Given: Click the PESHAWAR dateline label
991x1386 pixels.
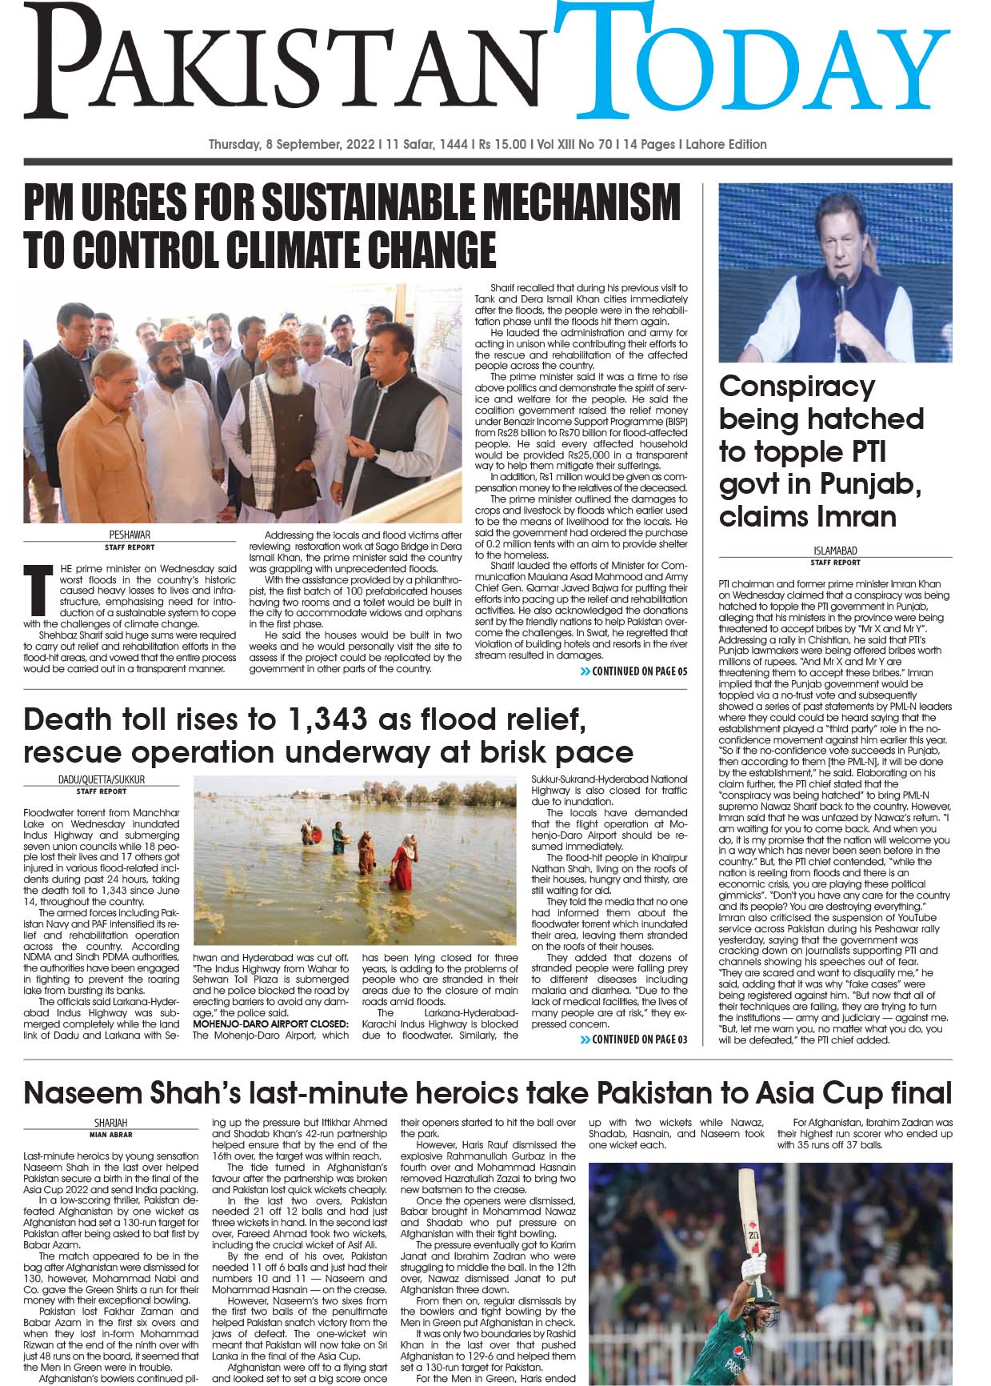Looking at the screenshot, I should (x=130, y=535).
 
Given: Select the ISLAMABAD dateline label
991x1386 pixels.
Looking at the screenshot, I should (x=835, y=551).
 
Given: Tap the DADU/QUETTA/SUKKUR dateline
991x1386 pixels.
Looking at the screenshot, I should (x=102, y=779).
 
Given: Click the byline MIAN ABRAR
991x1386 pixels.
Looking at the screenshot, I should (x=110, y=1134).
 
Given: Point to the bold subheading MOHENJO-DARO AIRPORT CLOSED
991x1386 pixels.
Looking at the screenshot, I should (x=270, y=1023).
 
